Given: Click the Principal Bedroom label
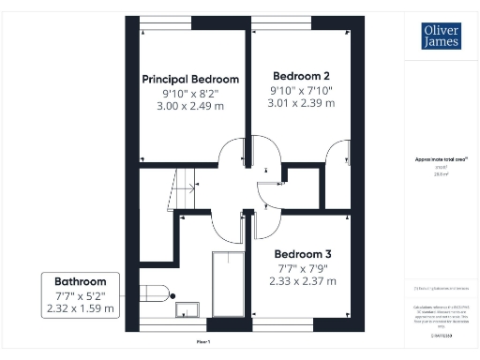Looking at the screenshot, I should coord(190,79).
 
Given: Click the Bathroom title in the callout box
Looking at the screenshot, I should coord(80,281).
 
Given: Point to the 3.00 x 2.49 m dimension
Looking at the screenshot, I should coord(190,106).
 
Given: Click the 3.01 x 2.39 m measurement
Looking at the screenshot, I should coord(303,102).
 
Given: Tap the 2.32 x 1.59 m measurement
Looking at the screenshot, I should coord(80,307).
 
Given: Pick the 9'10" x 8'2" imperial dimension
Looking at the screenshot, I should coord(190,93).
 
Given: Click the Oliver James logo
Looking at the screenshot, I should coord(434,36).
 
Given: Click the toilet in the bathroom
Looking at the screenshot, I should coord(156,294).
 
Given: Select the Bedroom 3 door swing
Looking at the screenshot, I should coord(265,221).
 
